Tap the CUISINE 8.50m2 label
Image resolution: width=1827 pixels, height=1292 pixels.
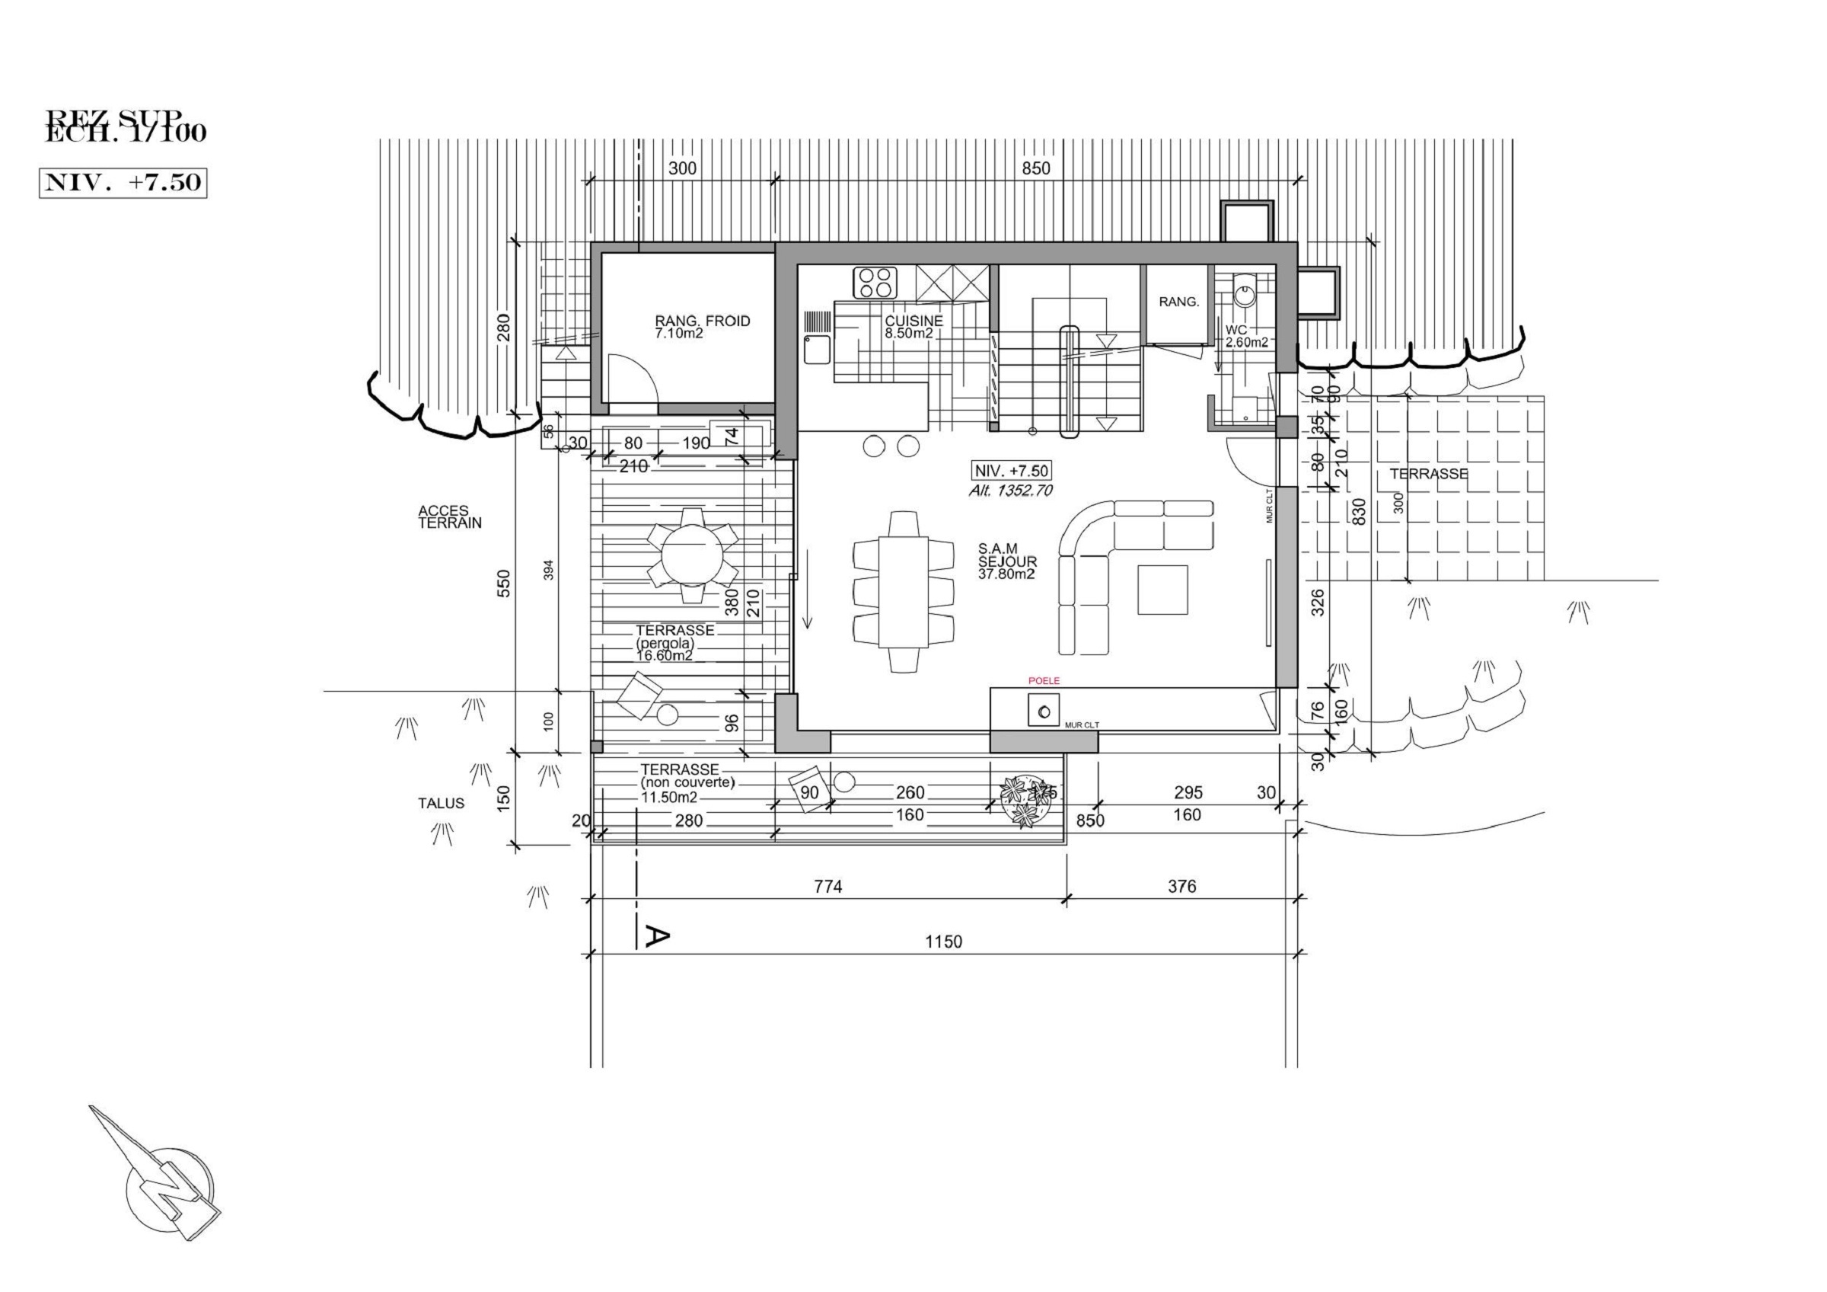[913, 326]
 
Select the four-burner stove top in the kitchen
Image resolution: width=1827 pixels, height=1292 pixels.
[875, 283]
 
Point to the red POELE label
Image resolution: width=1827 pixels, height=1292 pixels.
[1044, 680]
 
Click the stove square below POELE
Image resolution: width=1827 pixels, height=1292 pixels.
[1044, 710]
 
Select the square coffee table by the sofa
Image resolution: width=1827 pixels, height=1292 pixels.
[1162, 590]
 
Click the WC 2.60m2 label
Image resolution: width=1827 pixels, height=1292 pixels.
[1246, 336]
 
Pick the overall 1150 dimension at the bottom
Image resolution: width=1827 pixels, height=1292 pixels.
[943, 942]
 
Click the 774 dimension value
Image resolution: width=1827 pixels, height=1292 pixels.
[827, 886]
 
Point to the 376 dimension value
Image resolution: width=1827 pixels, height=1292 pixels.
[1181, 886]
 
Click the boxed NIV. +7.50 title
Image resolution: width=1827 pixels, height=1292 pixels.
[123, 182]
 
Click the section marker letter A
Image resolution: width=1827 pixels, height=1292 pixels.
[655, 937]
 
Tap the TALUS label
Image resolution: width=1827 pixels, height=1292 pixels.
[441, 803]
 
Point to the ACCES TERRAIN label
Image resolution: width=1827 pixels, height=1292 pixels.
[450, 516]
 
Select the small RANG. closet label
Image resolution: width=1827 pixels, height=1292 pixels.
[1178, 302]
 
